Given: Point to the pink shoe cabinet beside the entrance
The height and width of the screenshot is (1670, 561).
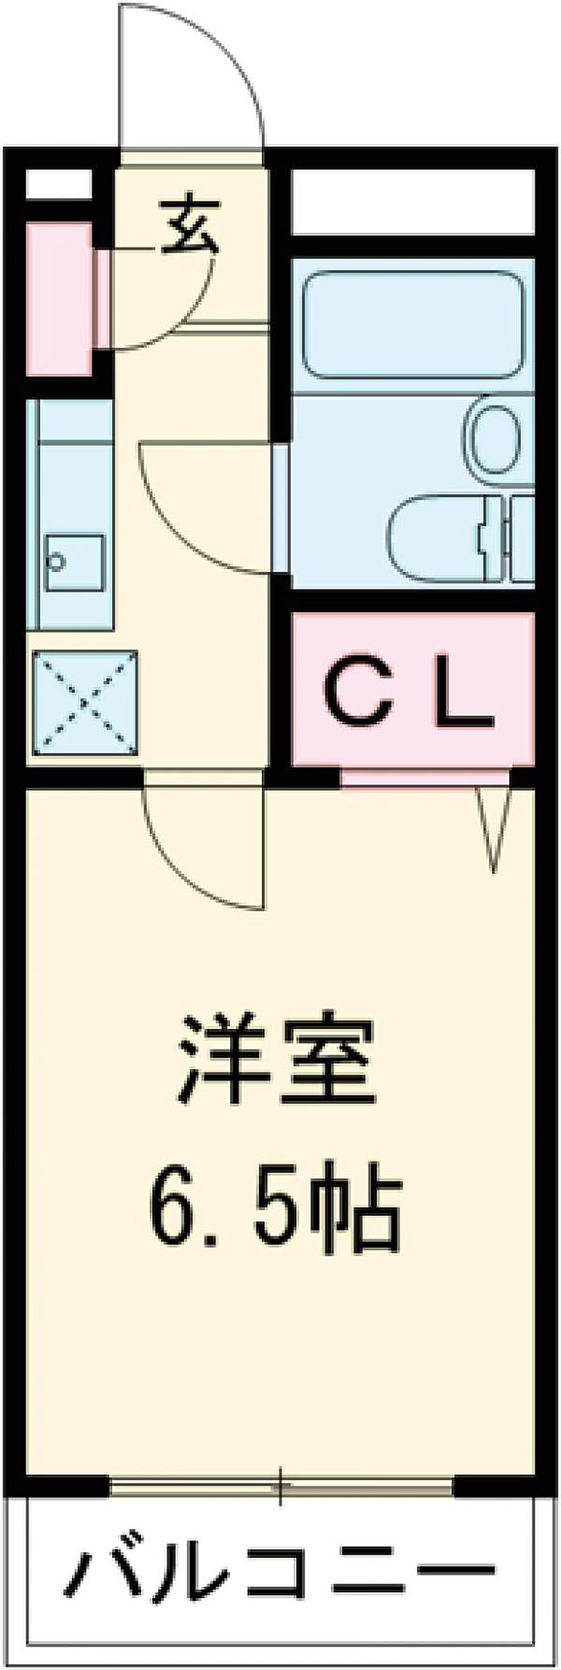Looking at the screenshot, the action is pos(59,300).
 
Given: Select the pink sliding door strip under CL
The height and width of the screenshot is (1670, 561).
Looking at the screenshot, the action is pos(426,777).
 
